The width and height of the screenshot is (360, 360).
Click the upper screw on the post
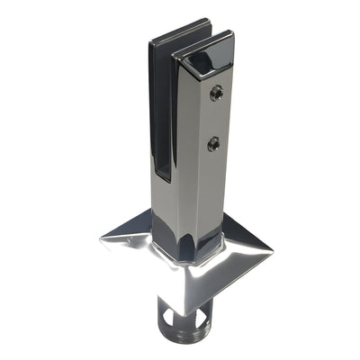click(x=215, y=92)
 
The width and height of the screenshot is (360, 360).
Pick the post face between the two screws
click(x=214, y=117)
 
